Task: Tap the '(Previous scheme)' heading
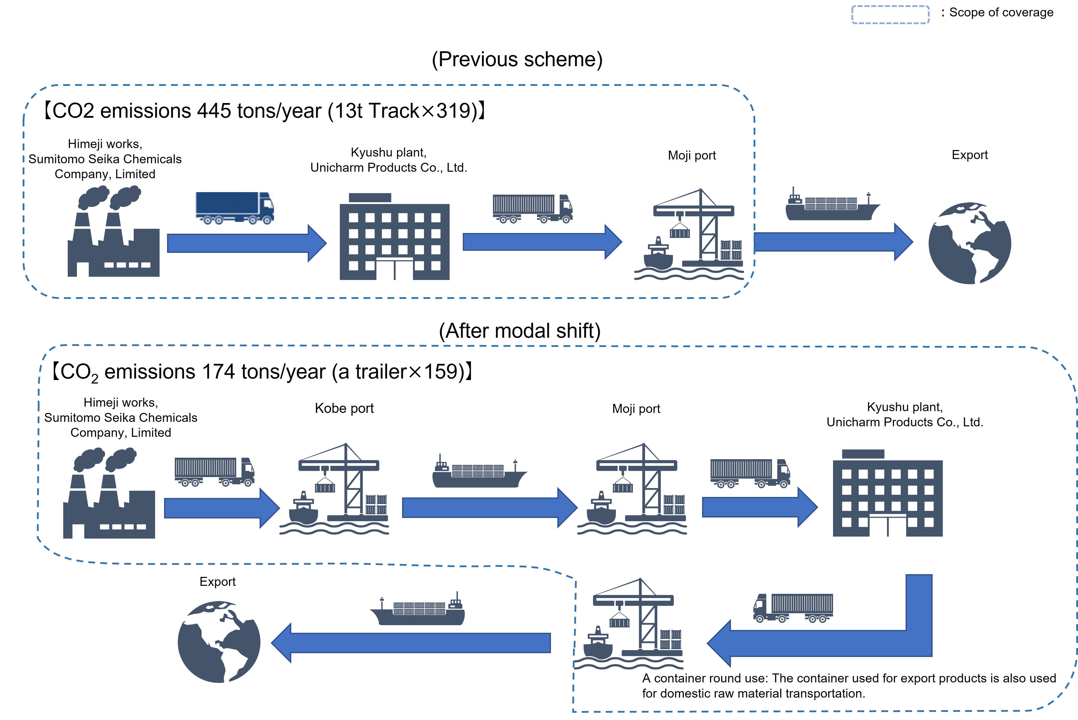coord(517,60)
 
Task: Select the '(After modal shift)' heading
coord(520,331)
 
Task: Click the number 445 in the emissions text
coord(214,111)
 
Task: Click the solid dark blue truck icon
coord(235,208)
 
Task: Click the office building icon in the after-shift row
coord(887,493)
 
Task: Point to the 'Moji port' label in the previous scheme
coord(691,156)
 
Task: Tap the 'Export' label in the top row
coord(969,155)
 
